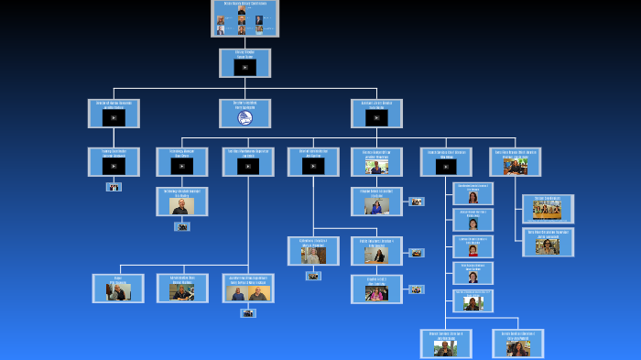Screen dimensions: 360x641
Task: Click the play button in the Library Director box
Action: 244,67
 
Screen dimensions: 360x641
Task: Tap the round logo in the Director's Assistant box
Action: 244,117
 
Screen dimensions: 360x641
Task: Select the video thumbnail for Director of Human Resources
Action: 114,117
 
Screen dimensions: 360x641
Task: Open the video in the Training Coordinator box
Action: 114,166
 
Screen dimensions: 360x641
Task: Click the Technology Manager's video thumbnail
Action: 182,166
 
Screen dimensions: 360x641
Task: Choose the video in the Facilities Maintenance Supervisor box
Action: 248,166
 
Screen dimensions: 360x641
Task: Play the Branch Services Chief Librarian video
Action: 446,166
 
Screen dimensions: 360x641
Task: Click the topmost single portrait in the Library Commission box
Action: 241,10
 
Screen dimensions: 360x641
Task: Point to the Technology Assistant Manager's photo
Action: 182,206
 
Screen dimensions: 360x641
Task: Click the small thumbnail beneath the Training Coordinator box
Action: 114,187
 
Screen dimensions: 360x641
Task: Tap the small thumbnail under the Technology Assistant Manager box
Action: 182,226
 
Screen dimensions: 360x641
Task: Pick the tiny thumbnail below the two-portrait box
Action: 248,313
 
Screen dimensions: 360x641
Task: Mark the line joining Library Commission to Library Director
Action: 244,43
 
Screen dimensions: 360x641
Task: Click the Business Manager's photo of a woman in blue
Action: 376,207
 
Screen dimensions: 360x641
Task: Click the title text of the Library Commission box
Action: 244,3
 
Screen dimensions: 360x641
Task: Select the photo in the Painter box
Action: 118,292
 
